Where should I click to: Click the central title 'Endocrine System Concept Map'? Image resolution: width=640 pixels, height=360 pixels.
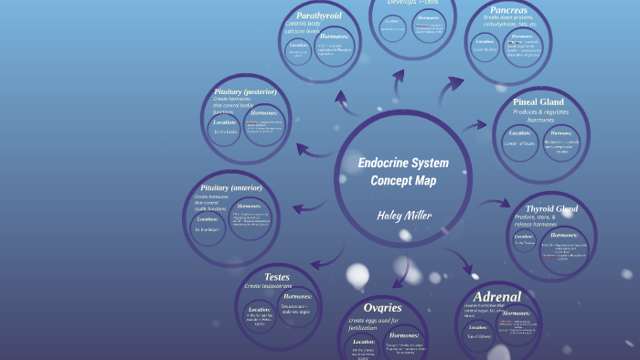point(403,172)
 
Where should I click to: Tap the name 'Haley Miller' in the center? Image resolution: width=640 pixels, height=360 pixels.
point(403,216)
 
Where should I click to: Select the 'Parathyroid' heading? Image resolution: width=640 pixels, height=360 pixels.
point(318,16)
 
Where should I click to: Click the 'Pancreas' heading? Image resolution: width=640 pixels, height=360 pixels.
point(508,11)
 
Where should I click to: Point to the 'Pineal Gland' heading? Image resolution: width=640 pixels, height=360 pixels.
point(538,101)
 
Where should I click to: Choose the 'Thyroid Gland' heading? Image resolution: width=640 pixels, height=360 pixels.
point(551,208)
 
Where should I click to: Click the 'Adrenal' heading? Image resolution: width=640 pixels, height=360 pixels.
point(497,296)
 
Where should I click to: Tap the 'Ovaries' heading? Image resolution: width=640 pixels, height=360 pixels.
point(382,307)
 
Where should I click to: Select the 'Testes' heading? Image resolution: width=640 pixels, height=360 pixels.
point(276,276)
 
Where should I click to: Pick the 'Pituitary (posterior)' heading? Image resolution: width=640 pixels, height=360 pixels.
point(244,92)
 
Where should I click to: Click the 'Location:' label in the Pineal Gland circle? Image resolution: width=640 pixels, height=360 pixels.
point(519,132)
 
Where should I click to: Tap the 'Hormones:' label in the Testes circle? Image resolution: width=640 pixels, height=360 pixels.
point(298,296)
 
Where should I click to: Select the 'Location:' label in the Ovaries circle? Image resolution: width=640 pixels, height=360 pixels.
point(364,342)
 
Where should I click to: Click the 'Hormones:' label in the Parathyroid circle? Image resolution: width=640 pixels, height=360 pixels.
point(335,37)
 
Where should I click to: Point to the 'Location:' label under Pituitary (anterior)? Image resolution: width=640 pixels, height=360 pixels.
point(208,219)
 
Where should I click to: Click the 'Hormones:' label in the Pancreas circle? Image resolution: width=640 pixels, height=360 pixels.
point(527,37)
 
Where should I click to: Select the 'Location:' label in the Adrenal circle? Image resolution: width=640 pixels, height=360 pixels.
point(478,326)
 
